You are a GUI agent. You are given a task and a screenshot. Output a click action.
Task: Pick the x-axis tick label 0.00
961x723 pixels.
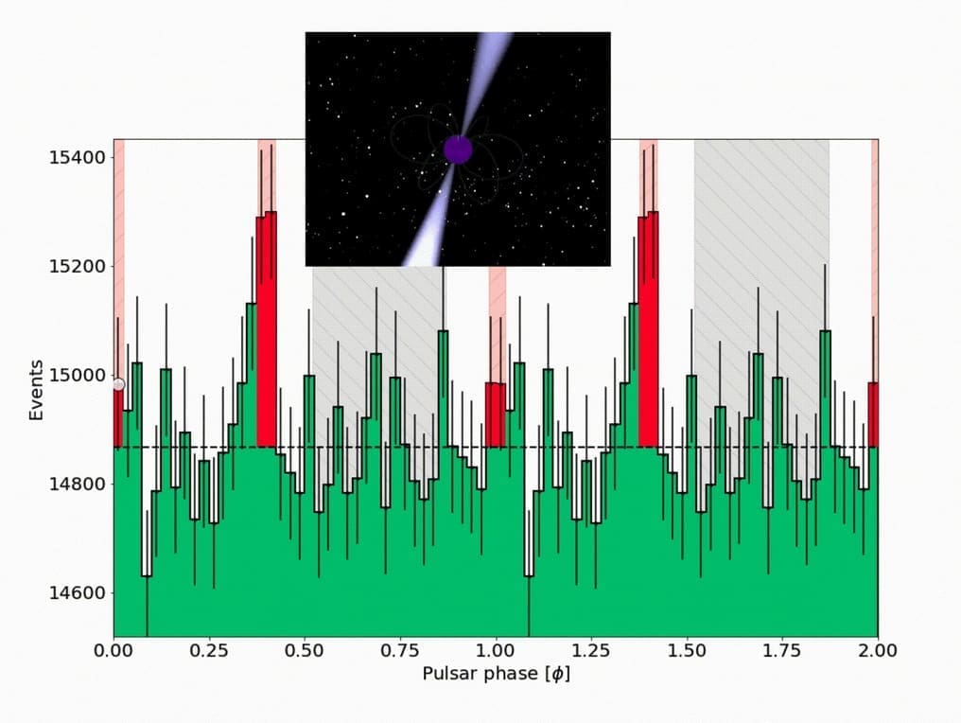(x=114, y=651)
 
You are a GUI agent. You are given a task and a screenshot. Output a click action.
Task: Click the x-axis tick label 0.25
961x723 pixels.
(x=209, y=651)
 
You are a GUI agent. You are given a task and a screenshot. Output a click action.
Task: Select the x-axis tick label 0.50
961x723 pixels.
(x=305, y=651)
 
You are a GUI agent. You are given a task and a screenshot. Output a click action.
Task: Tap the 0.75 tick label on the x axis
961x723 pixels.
(x=400, y=651)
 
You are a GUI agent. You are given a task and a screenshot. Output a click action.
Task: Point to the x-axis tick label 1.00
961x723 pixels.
(x=496, y=651)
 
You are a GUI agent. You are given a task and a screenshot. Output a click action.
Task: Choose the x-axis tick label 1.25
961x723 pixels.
(x=591, y=651)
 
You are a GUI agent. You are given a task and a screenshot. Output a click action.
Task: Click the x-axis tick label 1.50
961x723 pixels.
(x=687, y=651)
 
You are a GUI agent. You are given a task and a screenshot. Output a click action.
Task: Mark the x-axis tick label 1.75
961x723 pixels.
(x=782, y=651)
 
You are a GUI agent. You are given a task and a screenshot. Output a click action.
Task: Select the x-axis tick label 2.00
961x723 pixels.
(x=877, y=651)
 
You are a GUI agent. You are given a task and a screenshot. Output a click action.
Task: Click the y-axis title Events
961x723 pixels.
(x=36, y=389)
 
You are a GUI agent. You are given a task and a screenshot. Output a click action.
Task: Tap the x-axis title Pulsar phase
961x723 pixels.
(x=496, y=675)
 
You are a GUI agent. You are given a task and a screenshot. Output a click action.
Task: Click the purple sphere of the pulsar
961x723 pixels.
(x=458, y=150)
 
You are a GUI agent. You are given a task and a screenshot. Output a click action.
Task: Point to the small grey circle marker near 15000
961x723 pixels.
(x=118, y=384)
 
